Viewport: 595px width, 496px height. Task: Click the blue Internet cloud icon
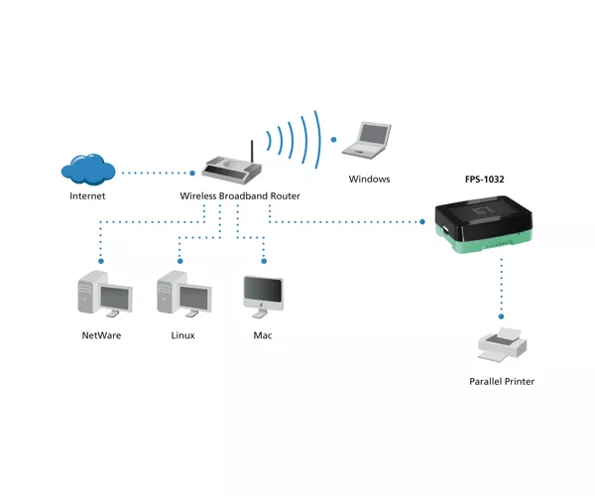tap(88, 170)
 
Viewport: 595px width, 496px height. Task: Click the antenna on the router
tap(251, 151)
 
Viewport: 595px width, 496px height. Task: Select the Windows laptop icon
tap(367, 140)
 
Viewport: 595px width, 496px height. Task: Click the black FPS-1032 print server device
tap(484, 224)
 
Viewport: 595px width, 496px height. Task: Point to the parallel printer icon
tap(502, 345)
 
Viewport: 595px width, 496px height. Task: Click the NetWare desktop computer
tap(105, 294)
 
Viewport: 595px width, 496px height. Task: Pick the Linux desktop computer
tap(184, 294)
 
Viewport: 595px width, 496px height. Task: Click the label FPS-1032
tap(485, 180)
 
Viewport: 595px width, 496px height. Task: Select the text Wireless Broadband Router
tap(240, 195)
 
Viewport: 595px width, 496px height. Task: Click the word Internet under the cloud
tap(87, 195)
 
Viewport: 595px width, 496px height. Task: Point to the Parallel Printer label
tap(502, 381)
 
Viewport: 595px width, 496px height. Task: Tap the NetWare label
tap(101, 335)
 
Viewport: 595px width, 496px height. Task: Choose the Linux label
tap(182, 335)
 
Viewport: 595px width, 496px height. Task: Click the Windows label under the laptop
tap(369, 180)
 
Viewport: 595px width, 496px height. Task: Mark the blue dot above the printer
tap(501, 316)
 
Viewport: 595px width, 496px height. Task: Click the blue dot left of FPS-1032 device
tap(422, 221)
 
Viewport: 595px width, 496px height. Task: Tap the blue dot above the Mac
tap(264, 261)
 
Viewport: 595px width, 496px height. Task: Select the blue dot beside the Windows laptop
tap(333, 140)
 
